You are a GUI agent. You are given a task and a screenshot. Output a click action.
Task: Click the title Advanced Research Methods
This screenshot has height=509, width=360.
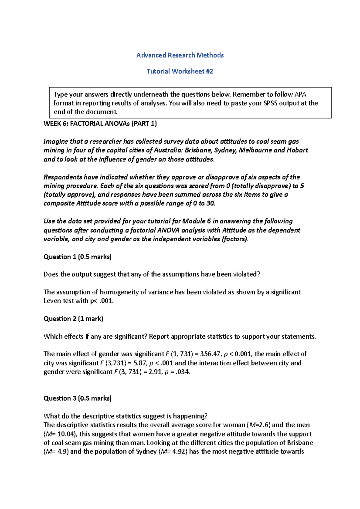coord(180,55)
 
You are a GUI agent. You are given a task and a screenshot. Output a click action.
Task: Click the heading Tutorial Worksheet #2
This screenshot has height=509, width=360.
coord(180,71)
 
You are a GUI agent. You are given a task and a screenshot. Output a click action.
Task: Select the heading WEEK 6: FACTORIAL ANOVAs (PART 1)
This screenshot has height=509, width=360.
coord(100,124)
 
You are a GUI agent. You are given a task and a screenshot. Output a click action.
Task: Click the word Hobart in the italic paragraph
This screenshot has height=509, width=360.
coord(297,150)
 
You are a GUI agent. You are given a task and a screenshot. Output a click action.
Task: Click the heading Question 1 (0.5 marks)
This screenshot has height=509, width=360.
coord(77,257)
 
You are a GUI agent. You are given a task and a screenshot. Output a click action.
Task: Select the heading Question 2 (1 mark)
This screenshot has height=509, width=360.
coord(73,319)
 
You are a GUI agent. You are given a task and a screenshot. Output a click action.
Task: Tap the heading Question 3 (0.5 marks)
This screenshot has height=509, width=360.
coord(77,398)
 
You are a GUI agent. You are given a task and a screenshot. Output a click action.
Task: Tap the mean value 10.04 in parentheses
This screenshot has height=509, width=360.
coord(65,434)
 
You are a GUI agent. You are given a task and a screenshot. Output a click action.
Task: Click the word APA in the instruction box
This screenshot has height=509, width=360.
coord(300,94)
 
